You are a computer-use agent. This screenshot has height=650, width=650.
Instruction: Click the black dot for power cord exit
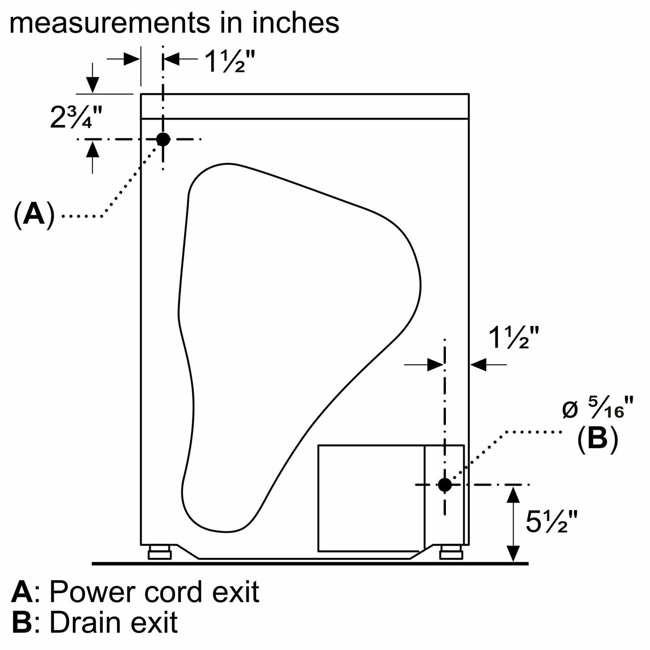coord(163,139)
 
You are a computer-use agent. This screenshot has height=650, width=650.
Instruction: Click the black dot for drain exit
coord(445,485)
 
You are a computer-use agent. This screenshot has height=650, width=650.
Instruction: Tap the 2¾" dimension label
coord(76,117)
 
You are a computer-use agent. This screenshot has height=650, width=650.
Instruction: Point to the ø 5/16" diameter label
coord(598,408)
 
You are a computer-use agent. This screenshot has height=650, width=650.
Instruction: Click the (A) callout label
coord(35,214)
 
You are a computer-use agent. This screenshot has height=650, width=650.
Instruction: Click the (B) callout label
coord(597,439)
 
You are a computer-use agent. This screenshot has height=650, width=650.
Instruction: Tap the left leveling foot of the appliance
coord(159,553)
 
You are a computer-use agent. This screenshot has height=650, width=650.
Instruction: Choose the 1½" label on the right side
coord(514,338)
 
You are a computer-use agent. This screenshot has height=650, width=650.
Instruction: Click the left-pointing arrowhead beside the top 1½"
coord(172,59)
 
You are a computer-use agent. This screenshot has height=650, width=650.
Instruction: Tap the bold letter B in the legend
coord(22,623)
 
